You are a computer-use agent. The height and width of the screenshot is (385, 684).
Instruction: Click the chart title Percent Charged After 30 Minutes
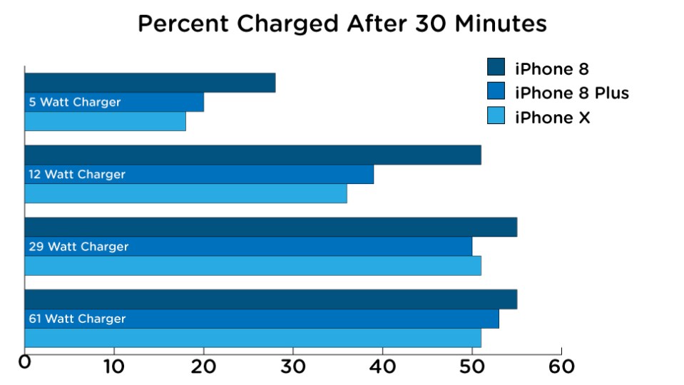[x=342, y=24]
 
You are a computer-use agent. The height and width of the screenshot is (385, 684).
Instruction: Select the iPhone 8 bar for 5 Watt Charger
[x=150, y=83]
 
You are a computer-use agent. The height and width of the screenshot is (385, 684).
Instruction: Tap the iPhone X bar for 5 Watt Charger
[x=105, y=122]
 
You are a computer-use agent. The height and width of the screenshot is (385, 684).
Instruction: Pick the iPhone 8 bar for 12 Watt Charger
[x=252, y=155]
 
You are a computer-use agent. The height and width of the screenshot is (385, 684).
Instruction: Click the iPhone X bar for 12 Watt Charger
[x=185, y=194]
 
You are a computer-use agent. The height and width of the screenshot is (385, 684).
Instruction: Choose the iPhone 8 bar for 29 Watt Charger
[x=270, y=227]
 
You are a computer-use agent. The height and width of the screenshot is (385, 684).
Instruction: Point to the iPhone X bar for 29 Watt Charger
[x=252, y=266]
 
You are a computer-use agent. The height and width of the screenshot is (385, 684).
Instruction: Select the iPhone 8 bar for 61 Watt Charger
[x=270, y=299]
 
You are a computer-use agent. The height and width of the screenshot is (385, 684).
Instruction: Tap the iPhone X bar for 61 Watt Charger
[x=252, y=339]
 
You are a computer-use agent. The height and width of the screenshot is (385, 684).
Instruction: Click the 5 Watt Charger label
[x=75, y=103]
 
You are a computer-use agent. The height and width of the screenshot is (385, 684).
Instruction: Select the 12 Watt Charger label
[x=77, y=175]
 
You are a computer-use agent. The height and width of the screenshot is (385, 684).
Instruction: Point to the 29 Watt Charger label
[x=78, y=247]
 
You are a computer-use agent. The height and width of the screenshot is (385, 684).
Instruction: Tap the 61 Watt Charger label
[x=77, y=319]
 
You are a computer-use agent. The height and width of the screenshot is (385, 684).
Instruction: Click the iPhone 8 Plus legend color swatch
[x=496, y=92]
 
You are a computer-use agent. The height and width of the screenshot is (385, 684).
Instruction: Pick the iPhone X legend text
[x=552, y=118]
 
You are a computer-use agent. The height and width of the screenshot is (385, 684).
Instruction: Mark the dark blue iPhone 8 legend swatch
[x=496, y=68]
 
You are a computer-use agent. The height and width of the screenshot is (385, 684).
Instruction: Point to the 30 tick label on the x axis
[x=292, y=367]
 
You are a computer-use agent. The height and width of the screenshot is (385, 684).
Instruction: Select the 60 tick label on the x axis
[x=561, y=367]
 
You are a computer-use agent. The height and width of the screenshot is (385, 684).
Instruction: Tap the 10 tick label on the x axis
[x=113, y=367]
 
